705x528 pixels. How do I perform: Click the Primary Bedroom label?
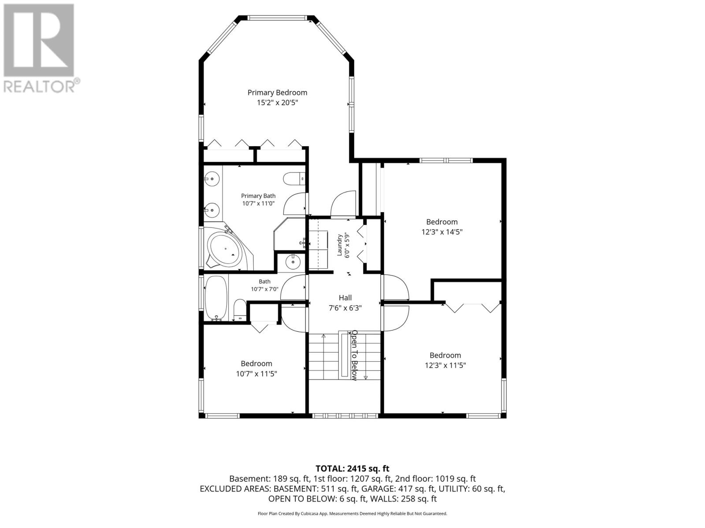(x=277, y=93)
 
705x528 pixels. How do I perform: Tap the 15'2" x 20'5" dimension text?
(x=277, y=103)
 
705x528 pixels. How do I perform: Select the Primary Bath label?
(x=258, y=196)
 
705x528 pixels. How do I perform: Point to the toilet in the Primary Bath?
(x=294, y=179)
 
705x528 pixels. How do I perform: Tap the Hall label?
(x=345, y=298)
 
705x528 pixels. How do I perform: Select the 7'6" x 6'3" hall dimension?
(x=345, y=308)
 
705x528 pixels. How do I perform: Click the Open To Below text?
(x=355, y=356)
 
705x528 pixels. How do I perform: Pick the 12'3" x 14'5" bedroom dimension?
(x=442, y=232)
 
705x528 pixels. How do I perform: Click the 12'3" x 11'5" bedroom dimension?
(x=445, y=365)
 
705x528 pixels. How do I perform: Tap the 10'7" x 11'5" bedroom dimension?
(x=256, y=374)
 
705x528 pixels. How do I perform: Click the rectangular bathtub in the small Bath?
(x=216, y=298)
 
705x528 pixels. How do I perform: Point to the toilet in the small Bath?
(x=239, y=310)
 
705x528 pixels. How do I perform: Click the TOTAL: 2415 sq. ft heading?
(x=352, y=469)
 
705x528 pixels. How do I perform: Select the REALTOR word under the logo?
(x=39, y=87)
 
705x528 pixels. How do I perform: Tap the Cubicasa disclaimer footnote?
(x=352, y=513)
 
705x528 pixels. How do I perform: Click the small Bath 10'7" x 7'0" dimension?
(x=265, y=289)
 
